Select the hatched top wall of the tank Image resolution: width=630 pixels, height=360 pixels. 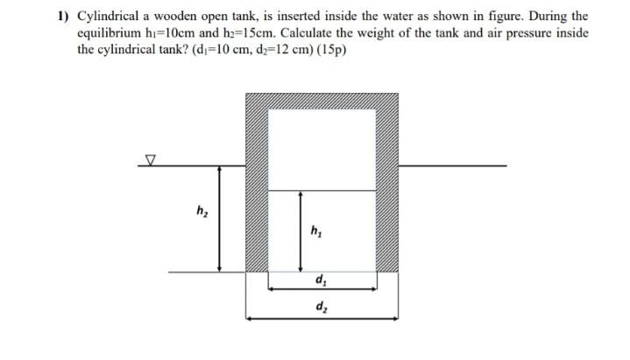322,99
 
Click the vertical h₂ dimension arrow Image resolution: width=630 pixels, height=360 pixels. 219,218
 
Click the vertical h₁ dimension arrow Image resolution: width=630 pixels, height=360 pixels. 301,231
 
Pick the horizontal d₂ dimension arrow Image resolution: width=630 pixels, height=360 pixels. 322,318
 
